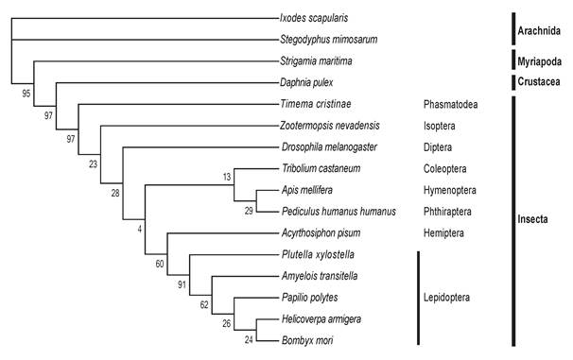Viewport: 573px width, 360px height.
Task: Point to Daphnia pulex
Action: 308,82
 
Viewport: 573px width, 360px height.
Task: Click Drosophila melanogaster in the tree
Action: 330,147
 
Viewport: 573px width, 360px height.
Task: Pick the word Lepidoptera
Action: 450,297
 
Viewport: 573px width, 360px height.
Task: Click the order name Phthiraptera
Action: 451,211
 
